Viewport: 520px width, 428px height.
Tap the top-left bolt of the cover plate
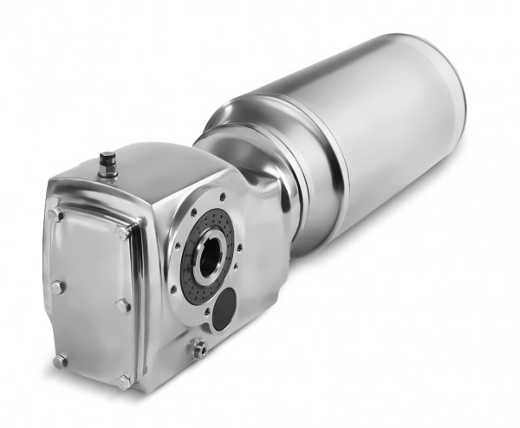pos(55,213)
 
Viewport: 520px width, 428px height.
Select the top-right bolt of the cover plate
pos(122,232)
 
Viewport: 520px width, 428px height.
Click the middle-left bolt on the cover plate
pos(56,286)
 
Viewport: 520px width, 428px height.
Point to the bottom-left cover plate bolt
pos(60,360)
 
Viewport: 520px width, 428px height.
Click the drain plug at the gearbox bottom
pos(199,348)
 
